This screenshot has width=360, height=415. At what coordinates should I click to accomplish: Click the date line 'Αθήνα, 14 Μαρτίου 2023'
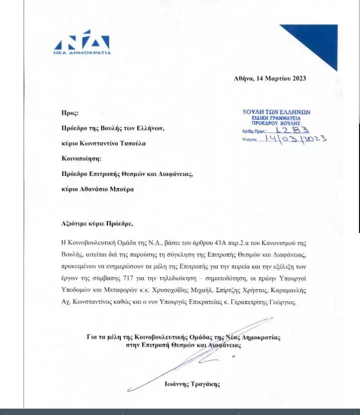pyautogui.click(x=270, y=78)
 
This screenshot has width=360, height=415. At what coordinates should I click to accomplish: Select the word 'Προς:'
pyautogui.click(x=70, y=113)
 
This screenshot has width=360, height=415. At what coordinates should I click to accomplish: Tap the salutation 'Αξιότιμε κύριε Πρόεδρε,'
pyautogui.click(x=98, y=223)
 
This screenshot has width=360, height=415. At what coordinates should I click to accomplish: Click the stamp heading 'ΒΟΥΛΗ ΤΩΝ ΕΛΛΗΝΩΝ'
pyautogui.click(x=276, y=112)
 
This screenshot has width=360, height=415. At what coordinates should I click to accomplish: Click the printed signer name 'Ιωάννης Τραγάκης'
pyautogui.click(x=192, y=384)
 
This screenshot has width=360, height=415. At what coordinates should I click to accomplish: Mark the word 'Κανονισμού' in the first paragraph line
pyautogui.click(x=275, y=243)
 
